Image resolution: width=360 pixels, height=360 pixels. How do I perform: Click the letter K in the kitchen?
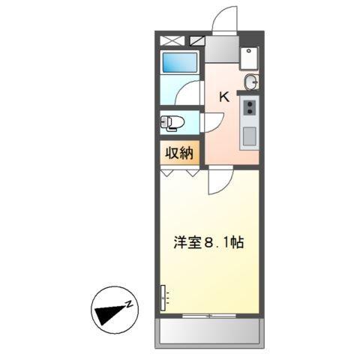pyautogui.click(x=223, y=96)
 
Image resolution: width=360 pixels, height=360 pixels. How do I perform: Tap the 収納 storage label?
pyautogui.click(x=179, y=153)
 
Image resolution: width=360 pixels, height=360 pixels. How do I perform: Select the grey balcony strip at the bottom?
pyautogui.click(x=210, y=332)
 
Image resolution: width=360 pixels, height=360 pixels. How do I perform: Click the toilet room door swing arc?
pyautogui.click(x=212, y=121)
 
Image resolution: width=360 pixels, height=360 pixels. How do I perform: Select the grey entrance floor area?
pyautogui.click(x=221, y=51)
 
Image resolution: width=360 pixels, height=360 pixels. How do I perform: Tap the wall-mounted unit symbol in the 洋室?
pyautogui.click(x=162, y=298)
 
